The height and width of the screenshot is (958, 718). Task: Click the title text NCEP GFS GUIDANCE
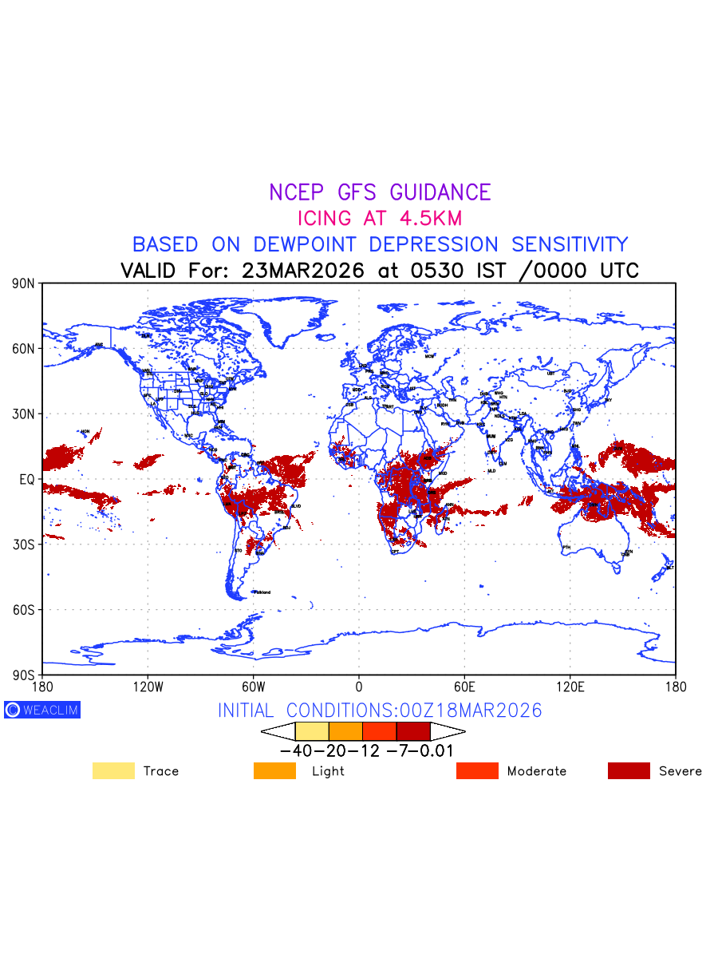tap(380, 192)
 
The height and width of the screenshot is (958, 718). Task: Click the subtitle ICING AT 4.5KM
tap(380, 218)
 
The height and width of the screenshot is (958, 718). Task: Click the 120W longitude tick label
tap(147, 687)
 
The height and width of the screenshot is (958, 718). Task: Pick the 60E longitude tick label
tap(464, 687)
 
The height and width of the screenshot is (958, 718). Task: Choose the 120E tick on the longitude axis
tap(570, 687)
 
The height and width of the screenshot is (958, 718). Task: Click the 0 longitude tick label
tap(359, 687)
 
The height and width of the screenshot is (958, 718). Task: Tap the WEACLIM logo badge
tap(42, 710)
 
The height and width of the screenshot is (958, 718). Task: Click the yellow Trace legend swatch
tap(113, 771)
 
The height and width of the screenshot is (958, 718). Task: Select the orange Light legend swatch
tap(274, 771)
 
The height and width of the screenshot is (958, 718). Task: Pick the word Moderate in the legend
tap(537, 771)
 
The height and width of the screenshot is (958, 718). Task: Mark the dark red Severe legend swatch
tap(629, 771)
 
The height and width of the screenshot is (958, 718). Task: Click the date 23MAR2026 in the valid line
tap(302, 271)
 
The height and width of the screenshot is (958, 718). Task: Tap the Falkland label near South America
tap(262, 592)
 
